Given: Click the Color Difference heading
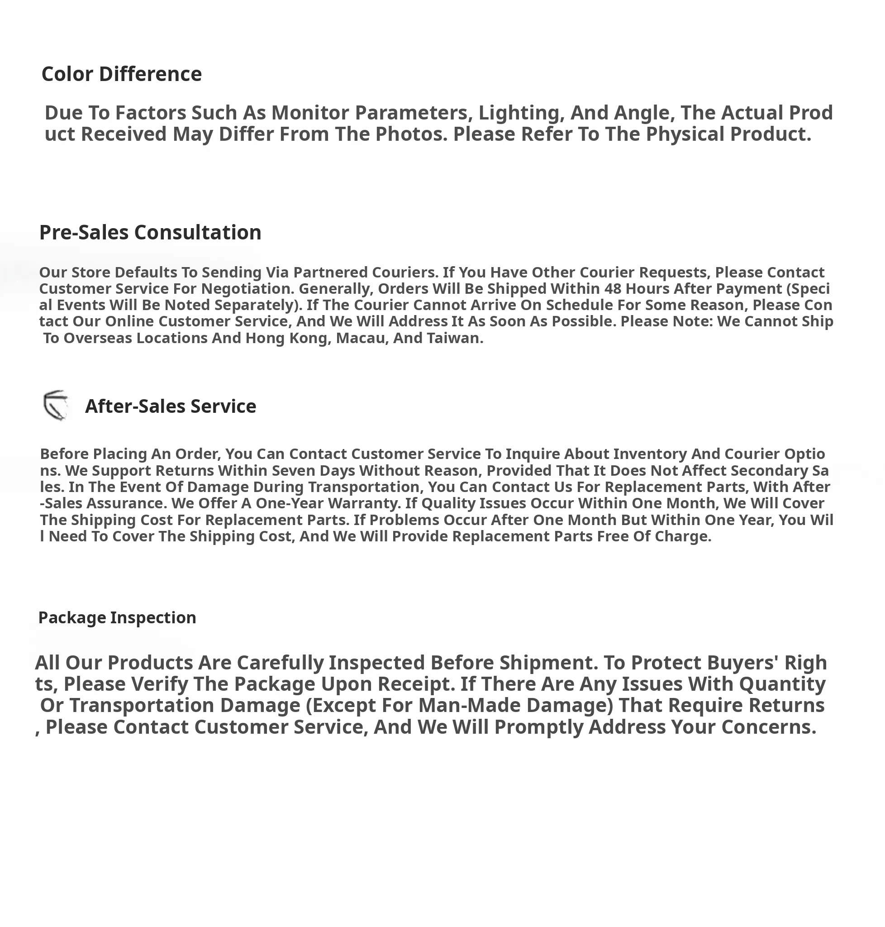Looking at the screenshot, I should tap(122, 74).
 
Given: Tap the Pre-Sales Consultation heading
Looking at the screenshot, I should tap(150, 232).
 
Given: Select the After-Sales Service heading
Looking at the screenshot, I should tap(170, 406).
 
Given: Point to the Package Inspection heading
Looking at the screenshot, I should tap(117, 617).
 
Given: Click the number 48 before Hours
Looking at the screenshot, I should tap(613, 288).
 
